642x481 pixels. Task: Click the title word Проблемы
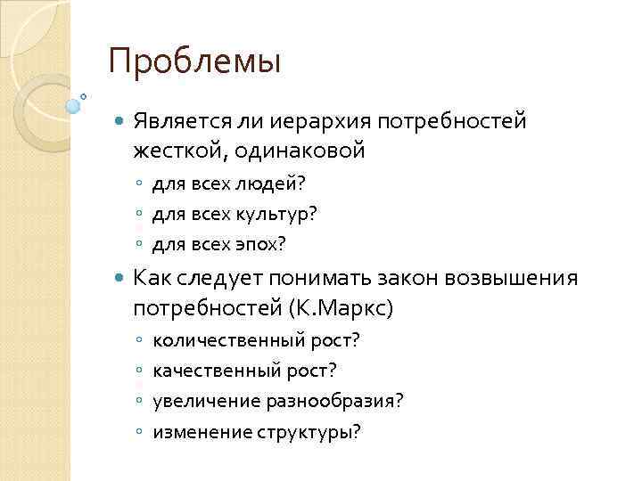(194, 61)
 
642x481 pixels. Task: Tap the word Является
(178, 119)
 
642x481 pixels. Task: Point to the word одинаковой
(301, 150)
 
